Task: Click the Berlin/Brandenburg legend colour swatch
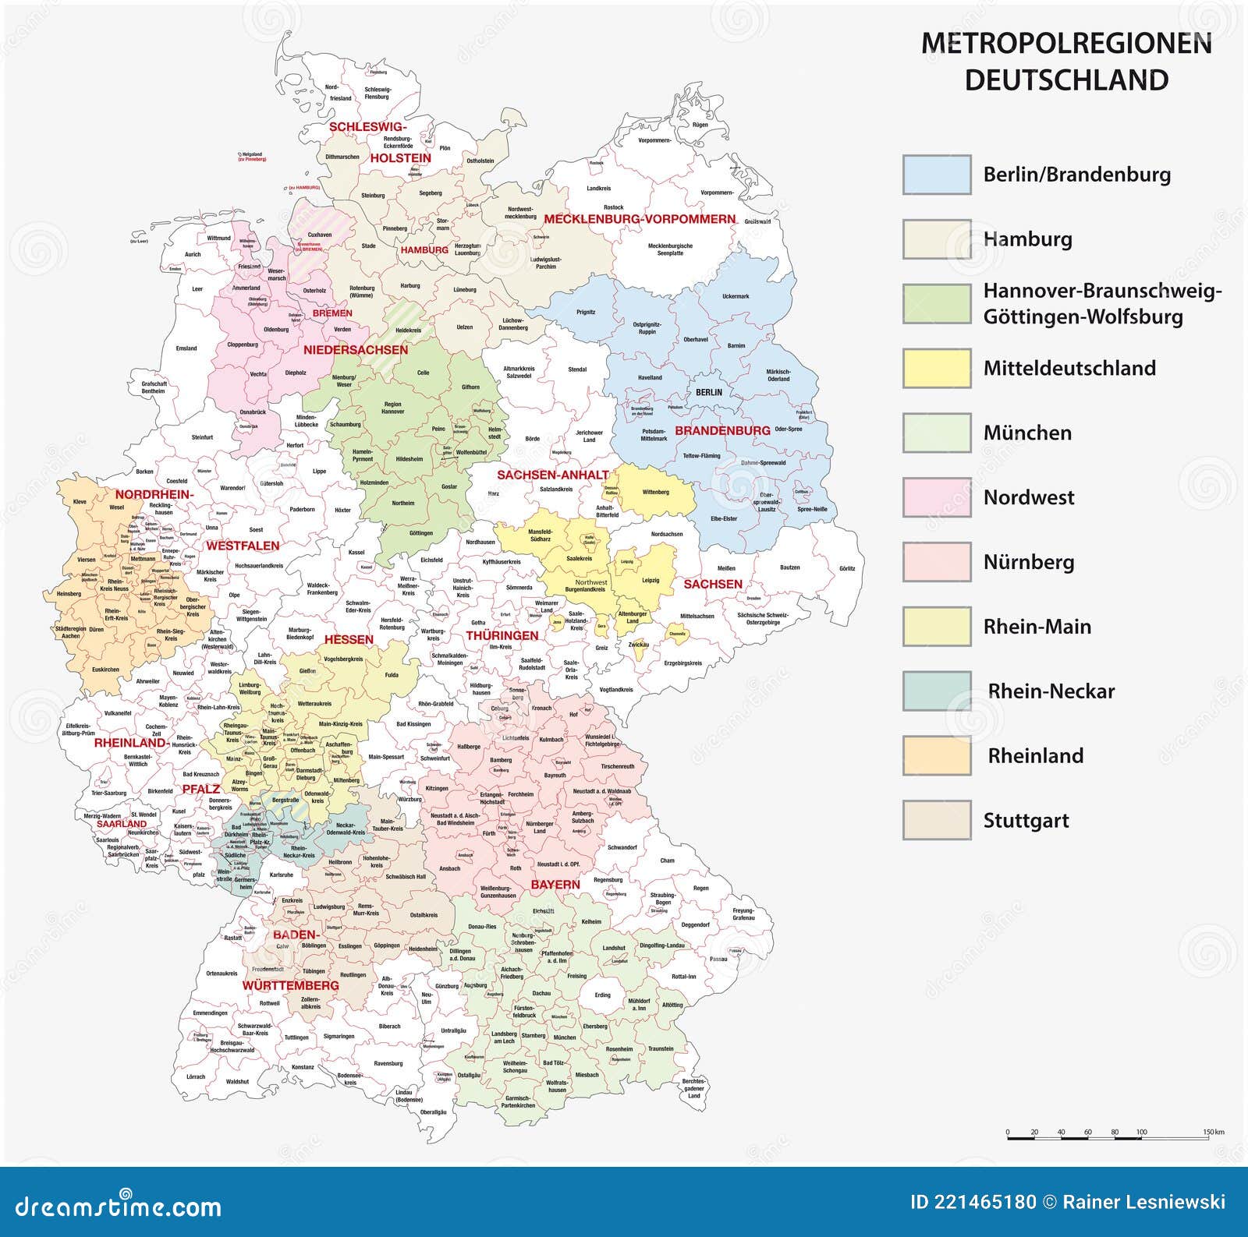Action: (937, 174)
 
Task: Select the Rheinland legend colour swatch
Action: (937, 755)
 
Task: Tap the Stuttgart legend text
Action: (1026, 820)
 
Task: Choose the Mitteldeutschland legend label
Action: (1069, 368)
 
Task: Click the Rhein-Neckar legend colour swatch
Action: (937, 691)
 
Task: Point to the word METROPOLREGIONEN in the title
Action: (1066, 44)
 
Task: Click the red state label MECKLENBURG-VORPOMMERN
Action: (640, 219)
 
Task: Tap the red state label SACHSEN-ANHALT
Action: (553, 475)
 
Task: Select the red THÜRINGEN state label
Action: (502, 635)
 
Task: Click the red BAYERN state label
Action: (555, 884)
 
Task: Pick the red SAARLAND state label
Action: (122, 823)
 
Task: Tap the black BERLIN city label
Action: (709, 392)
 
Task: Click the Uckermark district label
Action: (736, 296)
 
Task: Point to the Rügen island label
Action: (700, 125)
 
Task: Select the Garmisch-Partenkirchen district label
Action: (519, 1102)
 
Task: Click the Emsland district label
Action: (186, 348)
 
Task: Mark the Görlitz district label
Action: (847, 568)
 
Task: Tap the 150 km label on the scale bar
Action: (1213, 1132)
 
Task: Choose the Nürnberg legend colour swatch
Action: (937, 562)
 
